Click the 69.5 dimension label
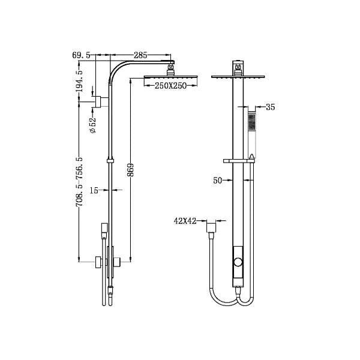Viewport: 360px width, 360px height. pyautogui.click(x=81, y=55)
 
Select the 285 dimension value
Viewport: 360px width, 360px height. pyautogui.click(x=140, y=55)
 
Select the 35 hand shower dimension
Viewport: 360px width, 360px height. pyautogui.click(x=269, y=107)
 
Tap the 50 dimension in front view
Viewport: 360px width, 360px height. pyautogui.click(x=218, y=179)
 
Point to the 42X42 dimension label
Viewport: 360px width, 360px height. pyautogui.click(x=186, y=221)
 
